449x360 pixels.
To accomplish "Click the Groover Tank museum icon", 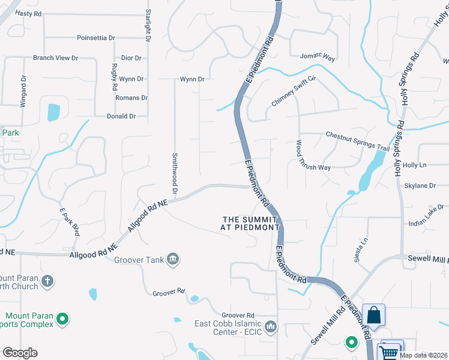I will [173, 259].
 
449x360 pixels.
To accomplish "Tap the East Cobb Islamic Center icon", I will [271, 327].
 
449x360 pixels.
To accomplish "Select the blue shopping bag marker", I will [373, 316].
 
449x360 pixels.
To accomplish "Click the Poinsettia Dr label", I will [96, 38].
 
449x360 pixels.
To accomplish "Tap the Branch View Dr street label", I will [55, 58].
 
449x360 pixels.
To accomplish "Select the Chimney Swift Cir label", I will [294, 91].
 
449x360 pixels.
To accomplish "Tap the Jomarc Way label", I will [317, 58].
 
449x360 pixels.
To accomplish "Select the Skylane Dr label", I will [420, 186].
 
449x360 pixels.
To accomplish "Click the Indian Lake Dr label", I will [425, 215].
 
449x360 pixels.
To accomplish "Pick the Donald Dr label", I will [121, 116].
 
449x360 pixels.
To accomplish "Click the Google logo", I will [20, 353].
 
